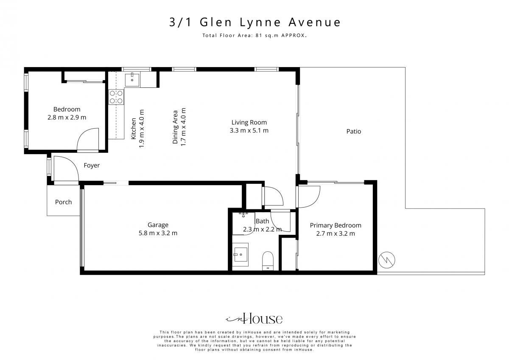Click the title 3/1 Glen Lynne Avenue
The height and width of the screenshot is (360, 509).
[255, 22]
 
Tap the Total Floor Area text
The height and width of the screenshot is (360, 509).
[255, 36]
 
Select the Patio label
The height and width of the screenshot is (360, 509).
[353, 132]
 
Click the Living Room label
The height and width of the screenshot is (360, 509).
[249, 122]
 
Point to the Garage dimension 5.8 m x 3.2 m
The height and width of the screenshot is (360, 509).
[158, 233]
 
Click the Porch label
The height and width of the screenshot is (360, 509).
[64, 202]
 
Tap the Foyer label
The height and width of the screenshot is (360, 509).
[92, 166]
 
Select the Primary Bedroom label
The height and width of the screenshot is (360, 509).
[336, 225]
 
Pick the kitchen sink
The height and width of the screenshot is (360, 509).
[132, 79]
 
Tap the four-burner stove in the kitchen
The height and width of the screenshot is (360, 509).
[116, 97]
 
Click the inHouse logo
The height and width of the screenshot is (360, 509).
[254, 319]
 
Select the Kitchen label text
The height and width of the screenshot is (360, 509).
[134, 129]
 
